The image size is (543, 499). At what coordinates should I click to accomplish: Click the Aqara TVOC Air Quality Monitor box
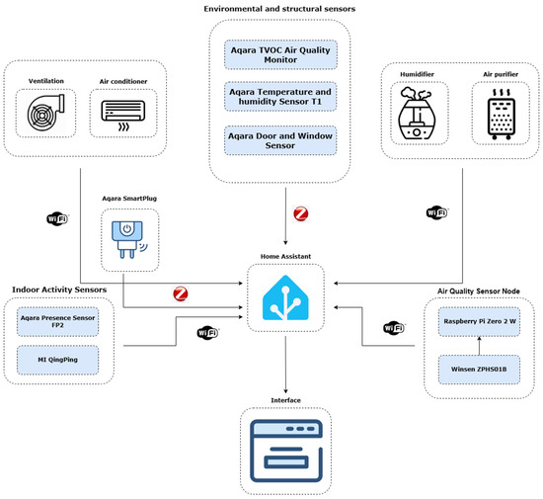(x=280, y=54)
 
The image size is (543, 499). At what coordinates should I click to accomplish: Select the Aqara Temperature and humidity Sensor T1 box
(x=280, y=97)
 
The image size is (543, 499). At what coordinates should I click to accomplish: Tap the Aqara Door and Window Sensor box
(x=280, y=140)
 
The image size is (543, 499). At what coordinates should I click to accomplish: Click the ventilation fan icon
(x=45, y=113)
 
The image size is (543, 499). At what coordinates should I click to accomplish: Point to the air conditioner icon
(x=123, y=116)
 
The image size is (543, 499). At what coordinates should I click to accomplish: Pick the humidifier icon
(x=417, y=113)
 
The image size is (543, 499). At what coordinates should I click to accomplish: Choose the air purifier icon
(x=502, y=114)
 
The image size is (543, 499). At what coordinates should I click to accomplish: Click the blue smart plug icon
(x=129, y=239)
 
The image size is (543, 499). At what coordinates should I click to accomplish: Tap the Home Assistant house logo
(x=285, y=297)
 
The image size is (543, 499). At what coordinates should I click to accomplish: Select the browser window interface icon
(x=286, y=451)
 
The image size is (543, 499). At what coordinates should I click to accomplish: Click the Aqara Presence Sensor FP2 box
(x=58, y=321)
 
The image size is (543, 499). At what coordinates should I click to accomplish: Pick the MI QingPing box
(x=58, y=360)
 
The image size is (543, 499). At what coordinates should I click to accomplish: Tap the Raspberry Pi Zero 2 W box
(x=479, y=321)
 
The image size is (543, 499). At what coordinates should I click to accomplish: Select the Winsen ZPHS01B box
(x=479, y=370)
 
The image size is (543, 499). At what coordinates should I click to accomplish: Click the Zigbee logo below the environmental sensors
(x=300, y=213)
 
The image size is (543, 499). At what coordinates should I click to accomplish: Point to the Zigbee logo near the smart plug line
(x=181, y=293)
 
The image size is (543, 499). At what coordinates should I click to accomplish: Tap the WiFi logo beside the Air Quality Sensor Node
(x=394, y=328)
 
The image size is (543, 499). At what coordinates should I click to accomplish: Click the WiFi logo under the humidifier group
(x=437, y=212)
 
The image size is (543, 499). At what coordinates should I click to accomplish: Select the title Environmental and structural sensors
(x=279, y=9)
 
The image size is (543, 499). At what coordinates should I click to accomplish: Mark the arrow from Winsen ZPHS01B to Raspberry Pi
(x=479, y=346)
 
